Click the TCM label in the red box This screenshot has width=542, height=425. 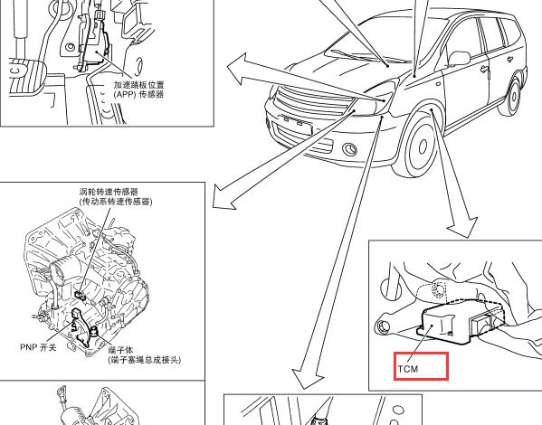[408, 369]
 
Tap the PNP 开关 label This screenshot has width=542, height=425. [38, 347]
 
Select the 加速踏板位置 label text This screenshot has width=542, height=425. [139, 85]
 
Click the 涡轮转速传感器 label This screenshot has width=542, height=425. [109, 192]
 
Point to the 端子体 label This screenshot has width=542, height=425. [120, 350]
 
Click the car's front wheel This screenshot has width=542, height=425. [419, 145]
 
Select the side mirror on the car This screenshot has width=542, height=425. [459, 58]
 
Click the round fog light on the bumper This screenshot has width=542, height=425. [349, 149]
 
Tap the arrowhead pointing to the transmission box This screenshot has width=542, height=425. [223, 196]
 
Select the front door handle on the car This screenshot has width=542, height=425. [484, 69]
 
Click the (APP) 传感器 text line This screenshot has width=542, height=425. [138, 94]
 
